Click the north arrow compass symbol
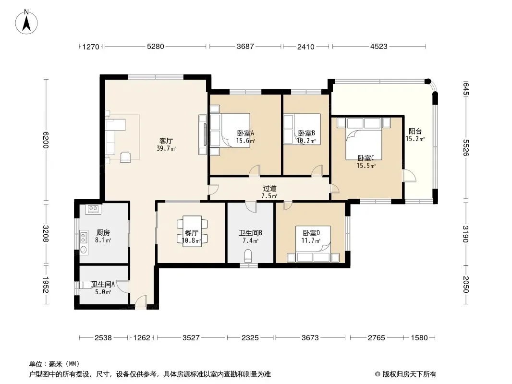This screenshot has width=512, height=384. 26,22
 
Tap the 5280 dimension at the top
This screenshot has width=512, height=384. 156,47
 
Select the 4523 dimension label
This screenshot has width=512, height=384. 379,47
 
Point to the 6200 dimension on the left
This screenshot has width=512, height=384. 45,140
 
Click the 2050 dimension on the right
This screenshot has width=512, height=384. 465,285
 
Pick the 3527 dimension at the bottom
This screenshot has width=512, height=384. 191,337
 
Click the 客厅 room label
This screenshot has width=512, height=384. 166,141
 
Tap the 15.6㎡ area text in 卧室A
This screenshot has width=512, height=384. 245,141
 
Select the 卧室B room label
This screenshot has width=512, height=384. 306,133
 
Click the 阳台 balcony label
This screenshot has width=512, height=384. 415,132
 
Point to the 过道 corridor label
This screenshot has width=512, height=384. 270,188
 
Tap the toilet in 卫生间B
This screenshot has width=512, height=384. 248,256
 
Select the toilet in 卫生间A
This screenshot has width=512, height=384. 86,285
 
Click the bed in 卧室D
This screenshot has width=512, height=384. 313,244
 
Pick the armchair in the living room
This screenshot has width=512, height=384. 125,157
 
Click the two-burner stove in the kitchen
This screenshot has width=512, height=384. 93,209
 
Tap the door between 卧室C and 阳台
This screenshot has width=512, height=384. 409,176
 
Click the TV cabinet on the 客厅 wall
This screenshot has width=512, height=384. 203,135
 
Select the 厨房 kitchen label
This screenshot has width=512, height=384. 103,233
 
